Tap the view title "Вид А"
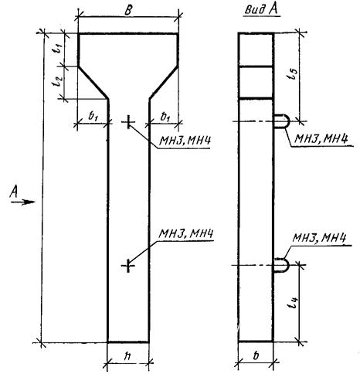pos(261,9)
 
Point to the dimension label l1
pos(58,49)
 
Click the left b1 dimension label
pos(93,117)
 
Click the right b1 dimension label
pos(165,117)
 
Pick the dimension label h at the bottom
pos(127,356)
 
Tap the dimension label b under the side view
pos(256,355)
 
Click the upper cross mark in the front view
pos(128,122)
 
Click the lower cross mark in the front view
pos(128,265)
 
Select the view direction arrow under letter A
pos(22,202)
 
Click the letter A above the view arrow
pos(15,192)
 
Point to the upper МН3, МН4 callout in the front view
pos(185,141)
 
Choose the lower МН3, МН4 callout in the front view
pos(186,233)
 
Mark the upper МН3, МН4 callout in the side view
pos(321,139)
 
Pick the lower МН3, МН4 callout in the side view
pos(319,238)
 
